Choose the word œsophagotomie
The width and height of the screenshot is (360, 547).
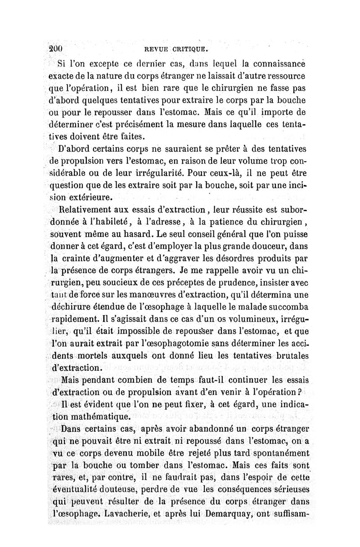pos(170,344)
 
